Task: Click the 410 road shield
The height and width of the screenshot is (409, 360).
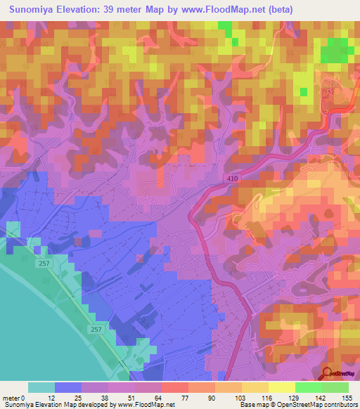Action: (x=233, y=180)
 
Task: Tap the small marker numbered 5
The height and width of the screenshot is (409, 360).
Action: (x=328, y=92)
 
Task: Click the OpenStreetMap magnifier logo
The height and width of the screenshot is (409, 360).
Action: (x=326, y=375)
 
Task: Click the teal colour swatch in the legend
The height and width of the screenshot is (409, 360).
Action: (x=41, y=387)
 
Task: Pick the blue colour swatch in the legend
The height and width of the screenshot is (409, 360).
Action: (x=67, y=387)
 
